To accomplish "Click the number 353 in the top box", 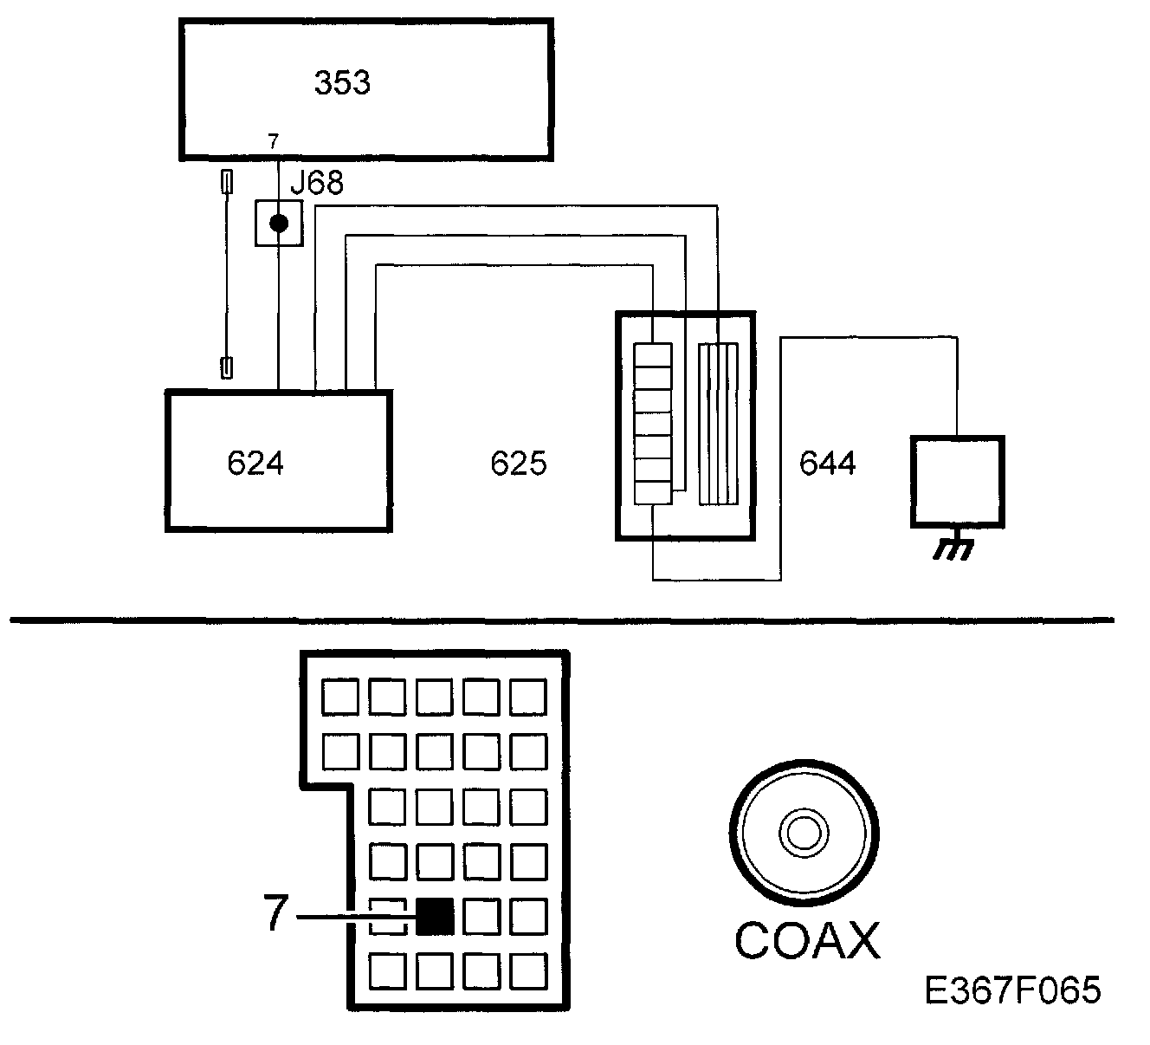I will click(342, 83).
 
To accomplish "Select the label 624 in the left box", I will click(255, 464).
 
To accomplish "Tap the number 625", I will click(519, 464).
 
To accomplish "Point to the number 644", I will click(828, 464).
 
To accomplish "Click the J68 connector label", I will click(317, 183).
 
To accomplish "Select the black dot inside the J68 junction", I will click(278, 224).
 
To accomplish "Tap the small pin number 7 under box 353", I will click(273, 141).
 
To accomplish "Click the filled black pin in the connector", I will click(435, 916).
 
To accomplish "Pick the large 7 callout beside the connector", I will click(275, 914).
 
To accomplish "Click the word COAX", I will click(807, 941).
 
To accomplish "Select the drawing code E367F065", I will click(1012, 990).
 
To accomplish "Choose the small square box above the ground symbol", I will click(957, 482).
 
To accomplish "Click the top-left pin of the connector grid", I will click(340, 697).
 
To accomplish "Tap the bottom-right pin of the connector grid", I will click(528, 971).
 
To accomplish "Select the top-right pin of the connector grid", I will click(528, 697).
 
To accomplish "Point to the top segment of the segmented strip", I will click(653, 355).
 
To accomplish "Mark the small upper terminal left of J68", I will click(227, 183).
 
